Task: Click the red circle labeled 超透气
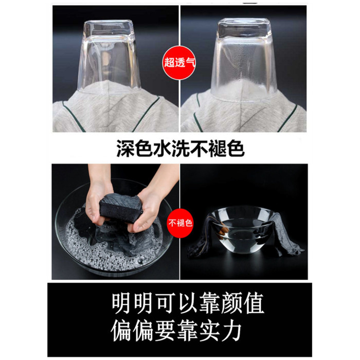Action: pos(179,62)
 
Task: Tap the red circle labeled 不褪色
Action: pos(180,223)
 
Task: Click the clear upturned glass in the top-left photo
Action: pos(109,57)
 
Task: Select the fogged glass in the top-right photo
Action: pos(244,60)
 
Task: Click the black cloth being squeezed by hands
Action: pos(121,209)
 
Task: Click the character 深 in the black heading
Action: pos(125,148)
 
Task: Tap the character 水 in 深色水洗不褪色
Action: pos(162,148)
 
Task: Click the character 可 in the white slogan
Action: pos(166,303)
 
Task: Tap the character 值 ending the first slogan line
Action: pos(254,303)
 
